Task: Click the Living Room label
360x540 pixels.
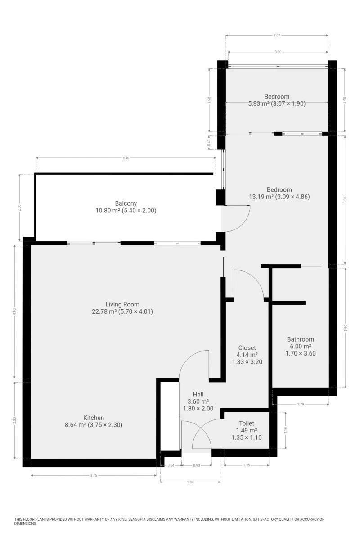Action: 122,304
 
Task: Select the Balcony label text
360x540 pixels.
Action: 126,203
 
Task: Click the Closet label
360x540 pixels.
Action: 247,347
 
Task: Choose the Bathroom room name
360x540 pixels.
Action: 301,339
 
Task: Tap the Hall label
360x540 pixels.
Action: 198,394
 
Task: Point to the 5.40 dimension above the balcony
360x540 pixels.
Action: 126,158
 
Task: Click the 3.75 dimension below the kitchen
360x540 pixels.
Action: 94,475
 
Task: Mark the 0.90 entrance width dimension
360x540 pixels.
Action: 197,465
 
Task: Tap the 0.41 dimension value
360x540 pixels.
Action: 209,143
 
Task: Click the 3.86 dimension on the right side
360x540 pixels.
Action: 345,200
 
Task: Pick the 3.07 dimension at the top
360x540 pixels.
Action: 277,36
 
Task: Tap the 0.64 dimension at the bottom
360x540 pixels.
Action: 171,465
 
